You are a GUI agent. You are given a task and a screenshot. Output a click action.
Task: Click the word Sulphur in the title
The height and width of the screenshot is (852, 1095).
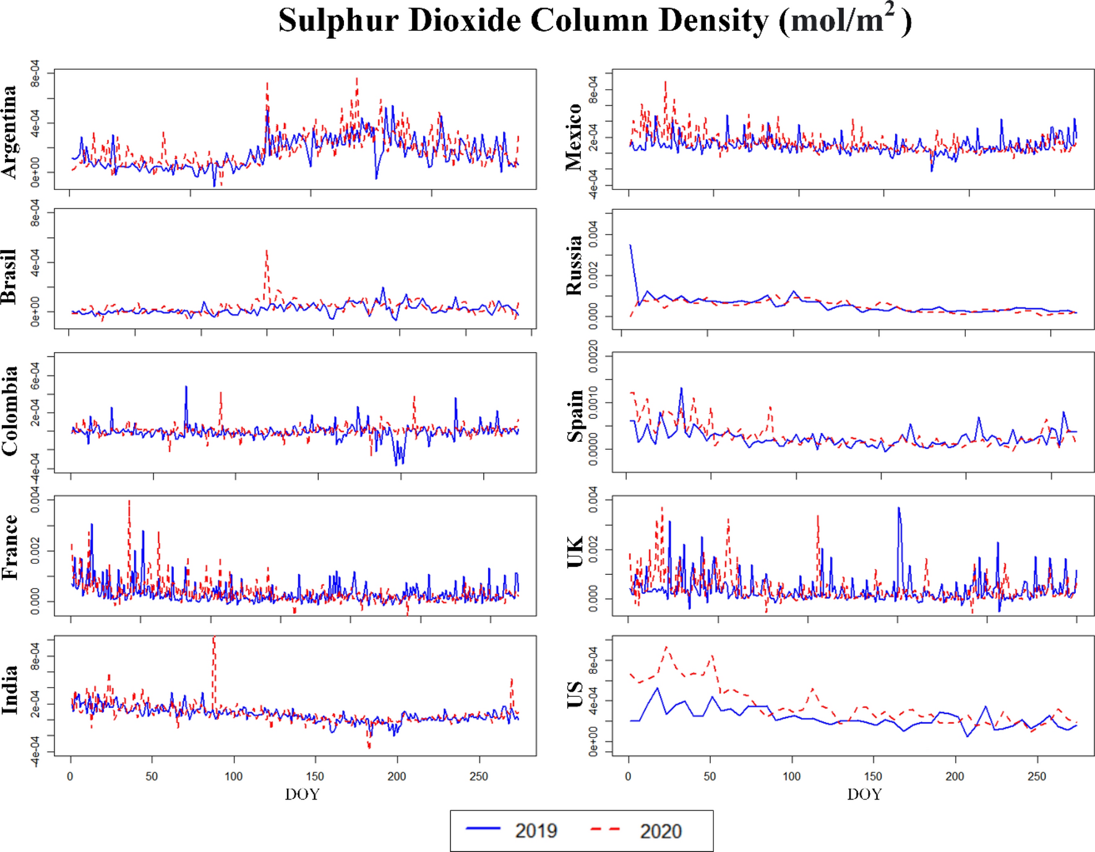pyautogui.click(x=338, y=20)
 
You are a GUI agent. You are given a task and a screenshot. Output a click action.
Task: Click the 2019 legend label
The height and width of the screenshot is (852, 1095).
pyautogui.click(x=536, y=830)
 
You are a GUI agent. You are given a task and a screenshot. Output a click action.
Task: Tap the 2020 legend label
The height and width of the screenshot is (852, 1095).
pyautogui.click(x=660, y=831)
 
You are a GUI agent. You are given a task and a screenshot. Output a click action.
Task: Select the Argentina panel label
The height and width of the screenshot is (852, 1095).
pyautogui.click(x=9, y=132)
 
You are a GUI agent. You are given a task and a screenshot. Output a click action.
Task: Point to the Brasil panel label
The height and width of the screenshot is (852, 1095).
pyautogui.click(x=9, y=276)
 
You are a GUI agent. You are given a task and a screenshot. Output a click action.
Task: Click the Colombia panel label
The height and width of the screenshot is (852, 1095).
pyautogui.click(x=9, y=411)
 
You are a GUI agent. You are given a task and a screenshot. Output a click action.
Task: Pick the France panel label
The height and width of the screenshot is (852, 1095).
pyautogui.click(x=9, y=547)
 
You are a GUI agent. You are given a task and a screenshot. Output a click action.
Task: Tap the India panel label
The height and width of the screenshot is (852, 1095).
pyautogui.click(x=9, y=690)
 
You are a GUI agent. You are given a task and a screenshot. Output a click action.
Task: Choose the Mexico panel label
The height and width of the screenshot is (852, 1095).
pyautogui.click(x=573, y=137)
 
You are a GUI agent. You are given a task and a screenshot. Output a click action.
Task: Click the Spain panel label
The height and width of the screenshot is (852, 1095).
pyautogui.click(x=575, y=416)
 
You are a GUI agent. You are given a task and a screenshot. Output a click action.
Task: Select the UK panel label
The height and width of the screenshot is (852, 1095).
pyautogui.click(x=575, y=552)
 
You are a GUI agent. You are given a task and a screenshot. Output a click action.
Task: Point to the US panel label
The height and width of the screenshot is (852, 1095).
pyautogui.click(x=575, y=695)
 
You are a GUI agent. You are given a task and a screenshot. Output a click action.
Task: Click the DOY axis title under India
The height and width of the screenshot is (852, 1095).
pyautogui.click(x=302, y=794)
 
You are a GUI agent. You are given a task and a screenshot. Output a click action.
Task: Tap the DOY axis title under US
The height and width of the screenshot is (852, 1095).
pyautogui.click(x=864, y=794)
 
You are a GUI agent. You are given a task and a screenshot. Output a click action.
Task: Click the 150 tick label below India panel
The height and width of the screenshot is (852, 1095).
pyautogui.click(x=315, y=777)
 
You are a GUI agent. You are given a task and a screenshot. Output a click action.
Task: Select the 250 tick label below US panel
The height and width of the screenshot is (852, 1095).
pyautogui.click(x=1036, y=777)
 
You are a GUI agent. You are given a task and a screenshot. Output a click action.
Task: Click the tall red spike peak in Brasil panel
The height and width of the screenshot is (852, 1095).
pyautogui.click(x=267, y=252)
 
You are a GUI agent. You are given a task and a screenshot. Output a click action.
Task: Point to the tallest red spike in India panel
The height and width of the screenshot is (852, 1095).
pyautogui.click(x=213, y=639)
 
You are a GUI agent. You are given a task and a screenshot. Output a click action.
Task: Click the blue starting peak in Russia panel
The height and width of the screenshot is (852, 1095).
pyautogui.click(x=630, y=246)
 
